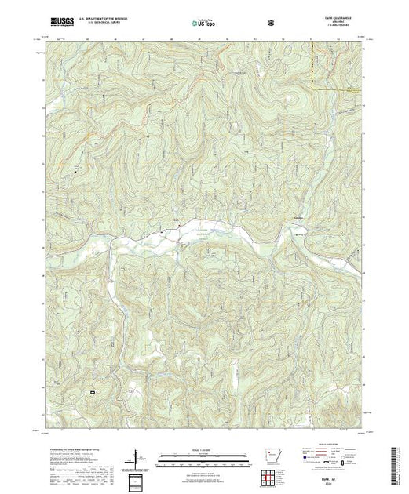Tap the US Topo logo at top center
[x=205, y=25]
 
